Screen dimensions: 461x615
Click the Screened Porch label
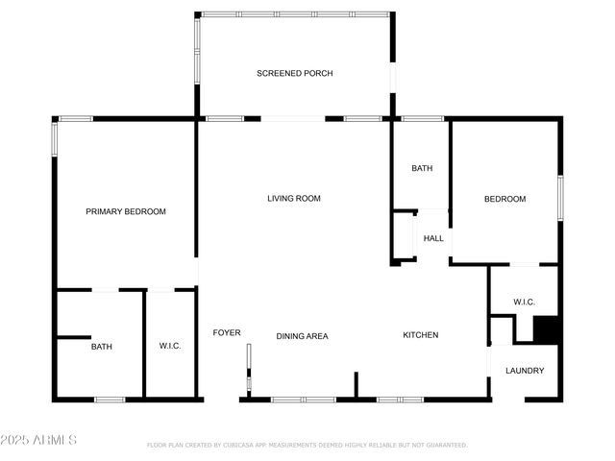[x=294, y=73]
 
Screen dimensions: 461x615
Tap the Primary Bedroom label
[x=126, y=211]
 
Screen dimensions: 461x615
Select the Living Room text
[x=293, y=199]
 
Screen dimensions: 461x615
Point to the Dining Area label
[x=303, y=336]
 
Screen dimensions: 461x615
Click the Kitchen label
[x=420, y=335]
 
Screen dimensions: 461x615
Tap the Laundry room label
[x=525, y=371]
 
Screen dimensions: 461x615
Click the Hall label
[x=433, y=238]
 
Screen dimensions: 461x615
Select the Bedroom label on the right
[x=504, y=199]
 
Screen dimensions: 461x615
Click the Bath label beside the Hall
[x=422, y=168]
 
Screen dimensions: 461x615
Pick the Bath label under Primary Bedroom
[x=102, y=347]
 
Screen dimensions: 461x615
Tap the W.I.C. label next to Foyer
[x=170, y=347]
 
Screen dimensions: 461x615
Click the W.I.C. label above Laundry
[x=524, y=302]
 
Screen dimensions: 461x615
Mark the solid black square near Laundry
[x=546, y=329]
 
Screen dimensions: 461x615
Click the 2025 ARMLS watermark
[x=39, y=440]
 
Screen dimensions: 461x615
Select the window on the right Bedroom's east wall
[x=560, y=198]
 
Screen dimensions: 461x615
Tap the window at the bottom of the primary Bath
[x=109, y=399]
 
